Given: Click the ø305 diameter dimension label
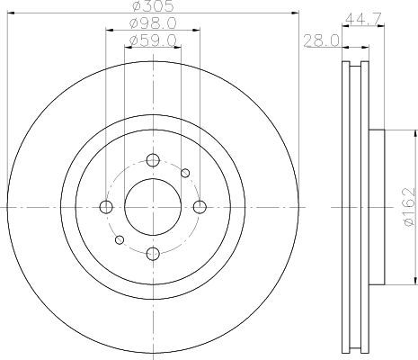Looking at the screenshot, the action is (x=153, y=6).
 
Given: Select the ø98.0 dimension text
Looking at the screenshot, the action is (x=153, y=23).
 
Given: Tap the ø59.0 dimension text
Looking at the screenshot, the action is (x=153, y=40).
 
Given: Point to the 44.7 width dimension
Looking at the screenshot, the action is (x=363, y=19).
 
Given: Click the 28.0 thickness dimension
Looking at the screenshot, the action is (x=321, y=41).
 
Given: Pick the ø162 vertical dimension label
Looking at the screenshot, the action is (x=410, y=207).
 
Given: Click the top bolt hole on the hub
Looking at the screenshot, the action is (x=153, y=160).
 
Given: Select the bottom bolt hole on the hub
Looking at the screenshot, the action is (x=153, y=254).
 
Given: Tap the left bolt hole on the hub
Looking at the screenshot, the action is (x=106, y=207).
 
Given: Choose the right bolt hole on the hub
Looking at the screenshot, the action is (x=200, y=207).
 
